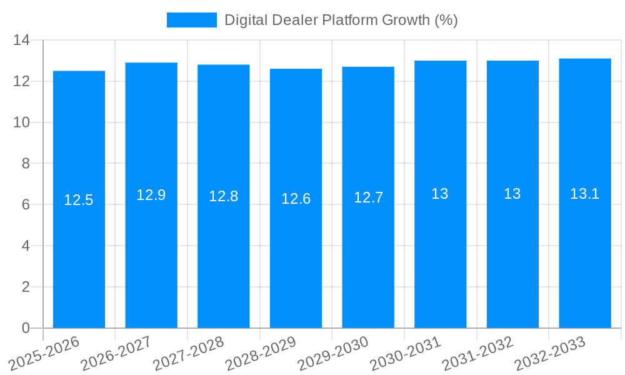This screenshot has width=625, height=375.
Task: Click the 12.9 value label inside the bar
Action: click(151, 195)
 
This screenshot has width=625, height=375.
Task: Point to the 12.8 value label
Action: click(223, 196)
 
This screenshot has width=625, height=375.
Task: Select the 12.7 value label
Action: click(368, 197)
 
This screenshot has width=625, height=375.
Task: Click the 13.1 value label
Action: click(585, 194)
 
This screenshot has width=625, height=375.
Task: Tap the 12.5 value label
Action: click(79, 200)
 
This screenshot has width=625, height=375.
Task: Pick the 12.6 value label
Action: click(296, 199)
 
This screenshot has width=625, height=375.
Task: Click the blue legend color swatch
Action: click(191, 20)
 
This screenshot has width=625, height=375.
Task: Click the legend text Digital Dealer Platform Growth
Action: click(341, 20)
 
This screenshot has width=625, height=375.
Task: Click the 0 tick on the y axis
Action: click(26, 328)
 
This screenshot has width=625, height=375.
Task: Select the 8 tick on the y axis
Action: click(26, 164)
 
